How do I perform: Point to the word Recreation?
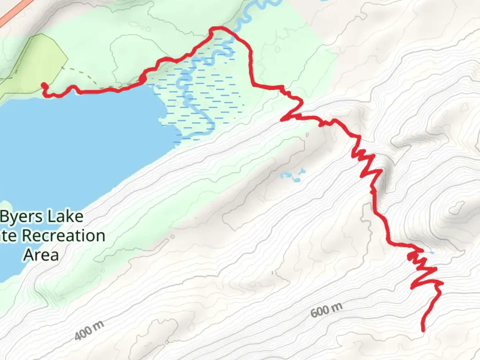(x=63, y=236)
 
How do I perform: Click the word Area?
(x=41, y=255)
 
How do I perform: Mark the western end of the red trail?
(x=44, y=85)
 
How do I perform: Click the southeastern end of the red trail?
(x=423, y=330)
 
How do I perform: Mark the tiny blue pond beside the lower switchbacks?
(x=432, y=253)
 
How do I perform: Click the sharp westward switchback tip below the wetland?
(x=283, y=119)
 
